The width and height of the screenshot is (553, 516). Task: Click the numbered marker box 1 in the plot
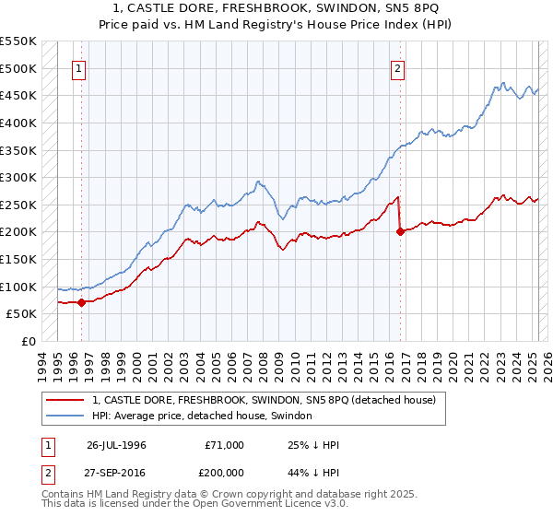pyautogui.click(x=79, y=67)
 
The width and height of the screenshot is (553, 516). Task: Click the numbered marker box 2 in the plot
pyautogui.click(x=398, y=67)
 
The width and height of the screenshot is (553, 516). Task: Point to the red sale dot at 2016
pyautogui.click(x=401, y=232)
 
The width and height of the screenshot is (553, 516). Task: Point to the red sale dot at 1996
pyautogui.click(x=81, y=301)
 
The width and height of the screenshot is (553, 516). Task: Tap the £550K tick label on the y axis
pyautogui.click(x=18, y=41)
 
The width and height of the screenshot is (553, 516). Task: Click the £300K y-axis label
pyautogui.click(x=18, y=177)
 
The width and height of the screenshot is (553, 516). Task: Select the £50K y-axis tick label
pyautogui.click(x=22, y=313)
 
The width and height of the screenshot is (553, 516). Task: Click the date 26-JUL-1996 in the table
pyautogui.click(x=116, y=444)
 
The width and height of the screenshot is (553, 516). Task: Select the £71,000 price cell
pyautogui.click(x=225, y=444)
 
